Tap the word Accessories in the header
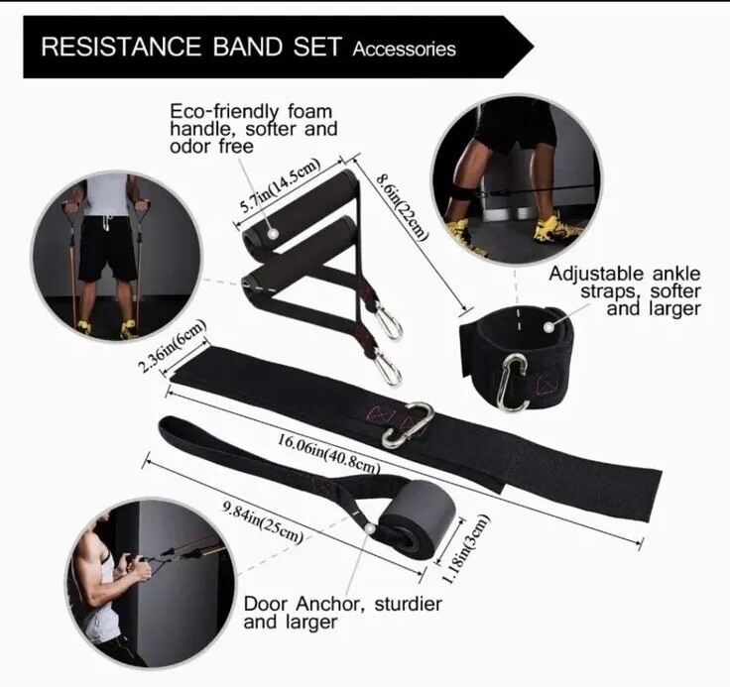coord(404,49)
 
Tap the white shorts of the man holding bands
coord(107,249)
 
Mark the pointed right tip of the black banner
coord(533,46)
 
